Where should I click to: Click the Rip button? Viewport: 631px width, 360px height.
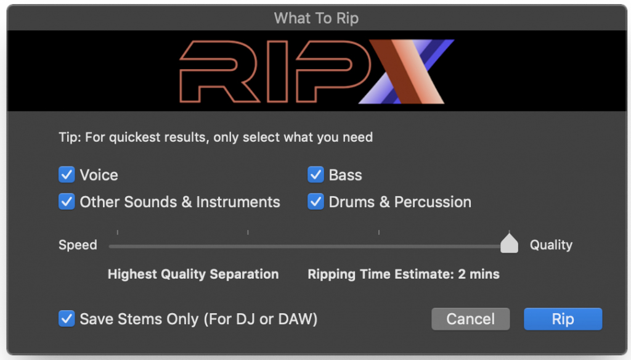point(563,319)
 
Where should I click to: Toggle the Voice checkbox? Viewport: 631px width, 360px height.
point(67,175)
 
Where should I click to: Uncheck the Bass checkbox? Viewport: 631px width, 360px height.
point(316,175)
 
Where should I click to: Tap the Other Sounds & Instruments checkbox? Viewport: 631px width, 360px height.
point(67,202)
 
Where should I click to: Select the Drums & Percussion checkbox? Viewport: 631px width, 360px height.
point(316,202)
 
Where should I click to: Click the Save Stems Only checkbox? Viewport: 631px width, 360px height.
point(67,319)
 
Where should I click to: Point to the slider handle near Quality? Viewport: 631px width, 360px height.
point(509,243)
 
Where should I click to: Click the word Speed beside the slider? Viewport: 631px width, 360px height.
point(78,245)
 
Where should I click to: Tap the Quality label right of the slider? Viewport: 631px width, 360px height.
point(551,245)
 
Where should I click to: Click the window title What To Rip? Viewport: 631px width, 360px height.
point(316,18)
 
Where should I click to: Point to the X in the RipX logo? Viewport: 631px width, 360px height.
point(407,72)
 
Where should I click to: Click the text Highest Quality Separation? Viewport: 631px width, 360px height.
point(193,274)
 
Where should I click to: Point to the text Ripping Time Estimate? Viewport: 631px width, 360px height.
point(381,274)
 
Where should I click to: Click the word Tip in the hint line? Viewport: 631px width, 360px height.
point(68,137)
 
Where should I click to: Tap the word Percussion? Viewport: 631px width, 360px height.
point(433,202)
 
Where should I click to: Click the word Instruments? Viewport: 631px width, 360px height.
point(238,202)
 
